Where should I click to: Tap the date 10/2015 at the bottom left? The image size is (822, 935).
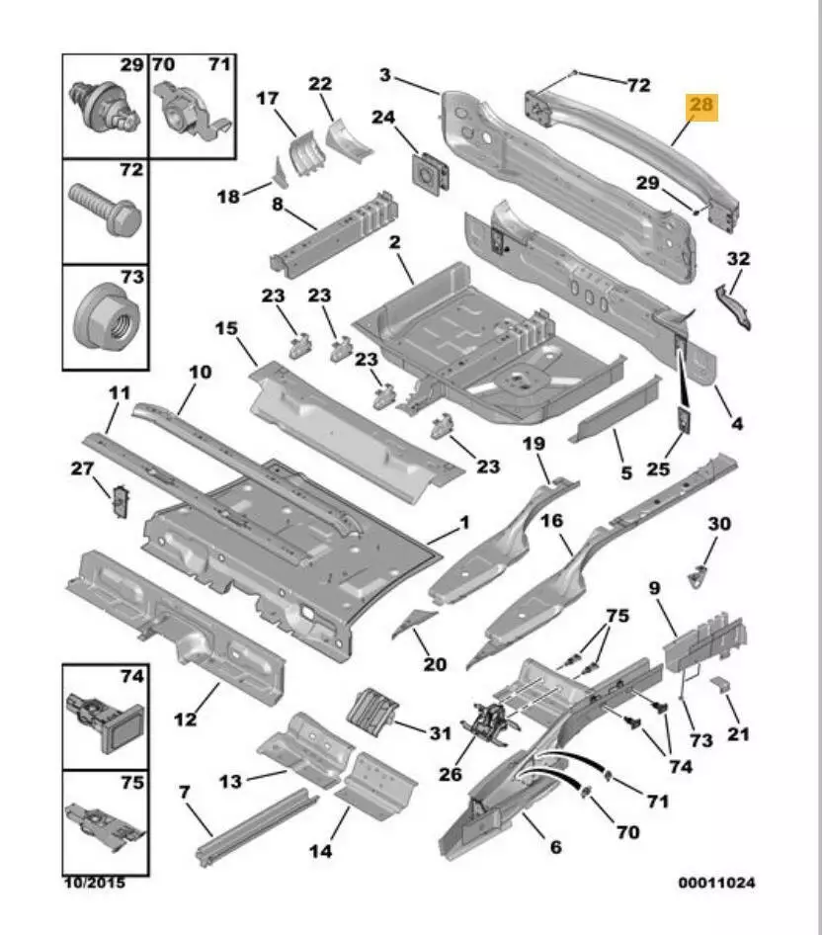(x=96, y=883)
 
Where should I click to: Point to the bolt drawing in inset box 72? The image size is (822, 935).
(x=105, y=210)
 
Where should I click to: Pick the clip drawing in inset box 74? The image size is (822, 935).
(x=103, y=719)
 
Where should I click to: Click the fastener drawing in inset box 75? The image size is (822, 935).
(x=103, y=822)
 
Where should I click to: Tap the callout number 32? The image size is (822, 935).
(x=737, y=260)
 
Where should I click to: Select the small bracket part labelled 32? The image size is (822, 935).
(x=734, y=302)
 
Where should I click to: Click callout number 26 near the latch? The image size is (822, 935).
(x=451, y=774)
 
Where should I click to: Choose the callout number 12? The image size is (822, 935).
(x=186, y=719)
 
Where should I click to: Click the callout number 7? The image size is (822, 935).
(x=185, y=792)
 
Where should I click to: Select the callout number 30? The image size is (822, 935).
(x=719, y=524)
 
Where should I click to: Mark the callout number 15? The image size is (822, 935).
(x=226, y=328)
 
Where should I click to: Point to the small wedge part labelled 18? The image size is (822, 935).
(x=279, y=175)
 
